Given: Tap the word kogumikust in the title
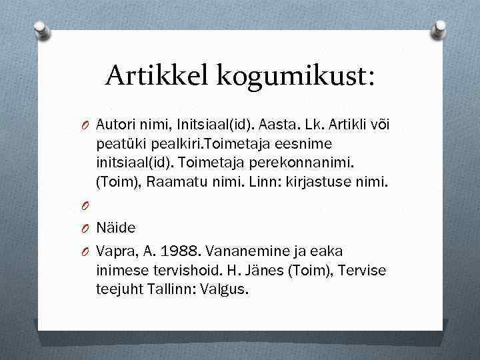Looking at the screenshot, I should click(295, 75).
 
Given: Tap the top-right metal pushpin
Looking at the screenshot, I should click(439, 29).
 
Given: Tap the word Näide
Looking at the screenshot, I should click(116, 228).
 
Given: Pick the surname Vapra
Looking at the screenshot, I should click(114, 251).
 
